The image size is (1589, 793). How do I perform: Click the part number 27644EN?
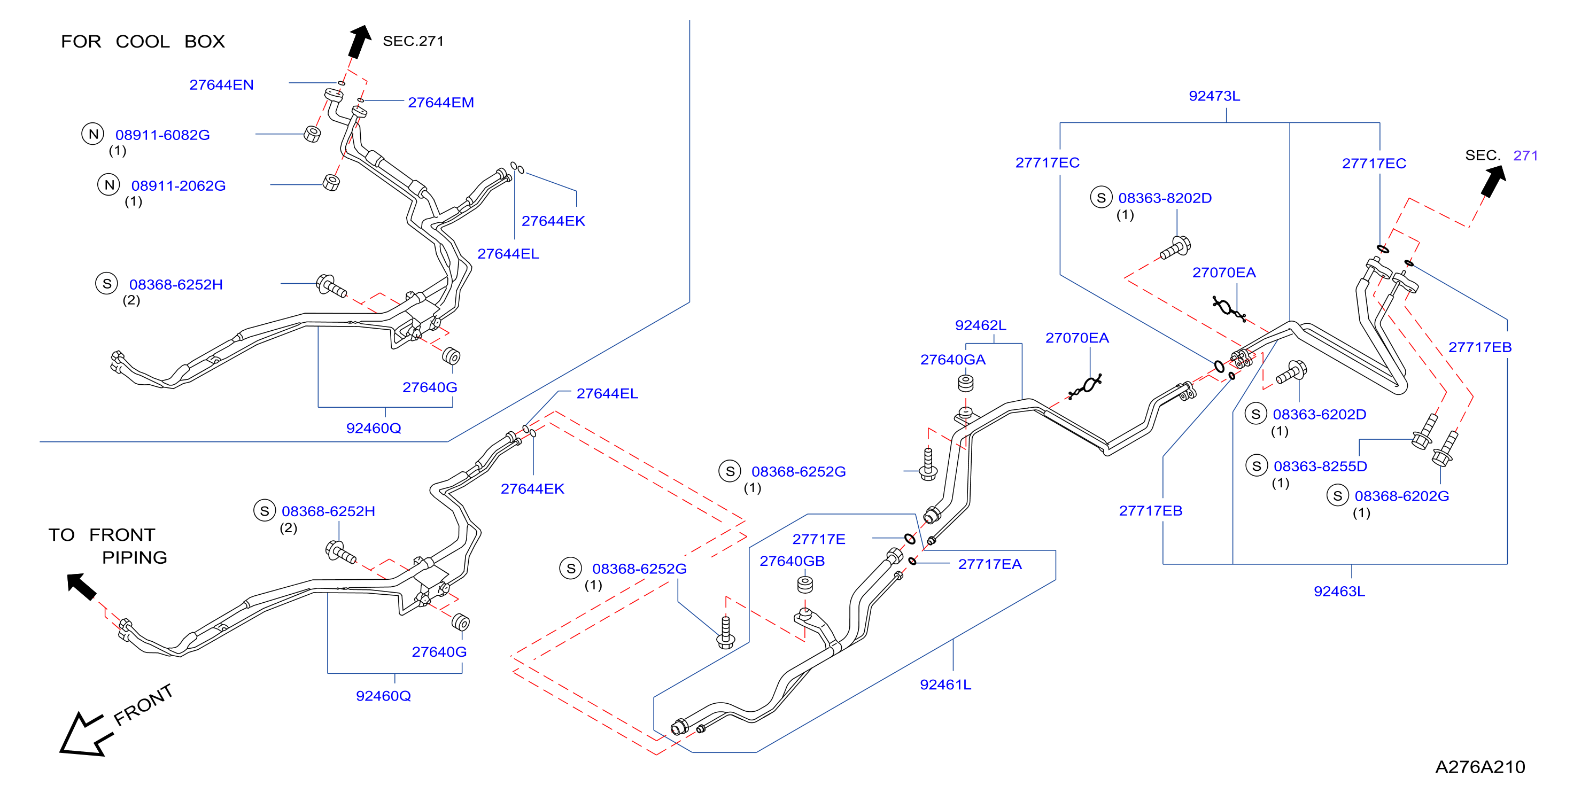pos(221,85)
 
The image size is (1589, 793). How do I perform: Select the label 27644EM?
pos(441,103)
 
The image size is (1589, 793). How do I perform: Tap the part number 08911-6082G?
pos(163,135)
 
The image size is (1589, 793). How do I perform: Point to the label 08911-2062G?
pos(179,185)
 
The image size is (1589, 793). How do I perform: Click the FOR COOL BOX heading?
pos(143,41)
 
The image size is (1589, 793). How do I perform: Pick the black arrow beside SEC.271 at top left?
pos(360,41)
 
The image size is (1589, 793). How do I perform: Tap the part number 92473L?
pos(1214,96)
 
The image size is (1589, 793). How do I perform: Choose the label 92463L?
pos(1339,592)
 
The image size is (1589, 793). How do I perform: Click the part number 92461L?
pos(945,685)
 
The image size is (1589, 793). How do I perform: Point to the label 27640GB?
pos(792,561)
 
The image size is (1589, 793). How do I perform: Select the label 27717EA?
pos(989,564)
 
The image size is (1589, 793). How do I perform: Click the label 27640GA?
pos(952,360)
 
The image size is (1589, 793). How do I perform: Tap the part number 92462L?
pos(980,325)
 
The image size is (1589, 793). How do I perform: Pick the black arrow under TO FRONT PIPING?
pos(81,586)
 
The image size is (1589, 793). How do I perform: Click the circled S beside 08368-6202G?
pos(1337,495)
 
